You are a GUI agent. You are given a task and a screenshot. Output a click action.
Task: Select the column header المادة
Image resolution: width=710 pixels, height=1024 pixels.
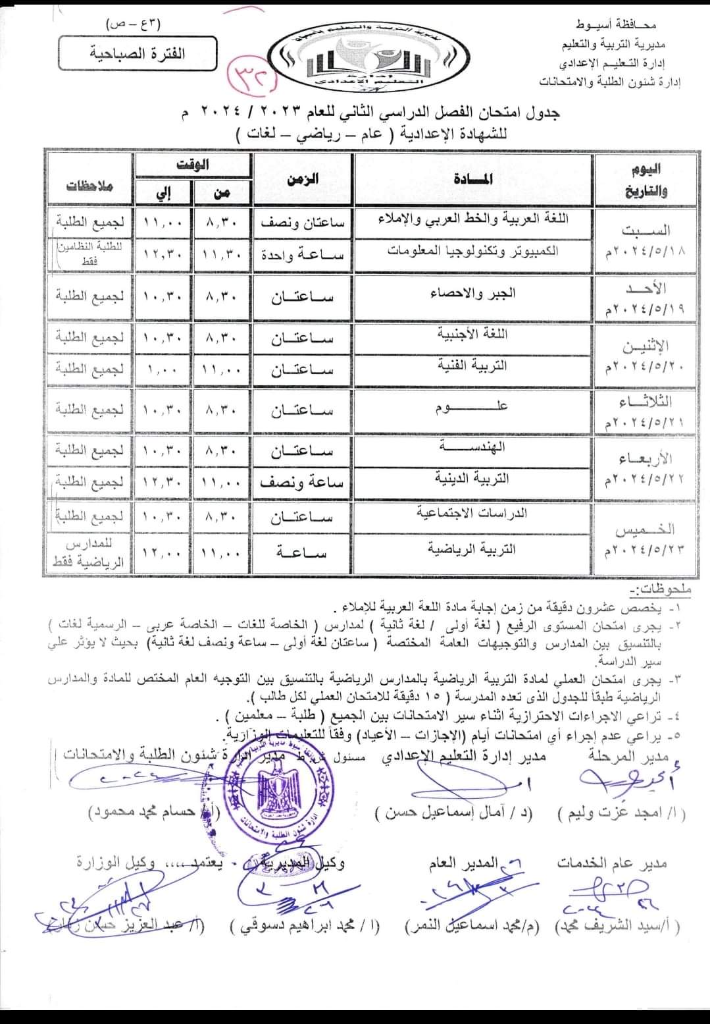tap(473, 178)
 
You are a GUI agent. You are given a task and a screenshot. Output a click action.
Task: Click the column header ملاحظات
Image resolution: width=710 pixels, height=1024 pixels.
tap(89, 185)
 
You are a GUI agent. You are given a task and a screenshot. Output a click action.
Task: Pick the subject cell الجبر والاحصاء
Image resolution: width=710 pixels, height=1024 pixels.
tap(473, 292)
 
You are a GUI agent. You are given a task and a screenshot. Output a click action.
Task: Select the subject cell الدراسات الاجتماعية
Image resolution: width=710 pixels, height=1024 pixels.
tap(473, 513)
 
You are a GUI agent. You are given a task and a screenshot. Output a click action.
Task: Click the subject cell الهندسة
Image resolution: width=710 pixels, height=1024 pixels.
tap(473, 447)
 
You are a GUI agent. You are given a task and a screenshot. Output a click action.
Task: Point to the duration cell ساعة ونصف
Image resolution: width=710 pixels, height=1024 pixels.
tap(303, 483)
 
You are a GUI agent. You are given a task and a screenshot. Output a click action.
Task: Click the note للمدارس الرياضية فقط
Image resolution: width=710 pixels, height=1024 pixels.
tap(89, 554)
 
